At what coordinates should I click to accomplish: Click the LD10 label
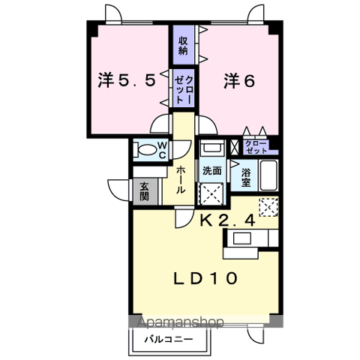208,278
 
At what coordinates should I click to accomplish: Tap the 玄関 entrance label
142,191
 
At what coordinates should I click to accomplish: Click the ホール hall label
181,181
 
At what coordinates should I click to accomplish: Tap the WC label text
160,150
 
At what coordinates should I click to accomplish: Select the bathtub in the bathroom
269,176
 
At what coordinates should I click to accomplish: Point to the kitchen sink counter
244,238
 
